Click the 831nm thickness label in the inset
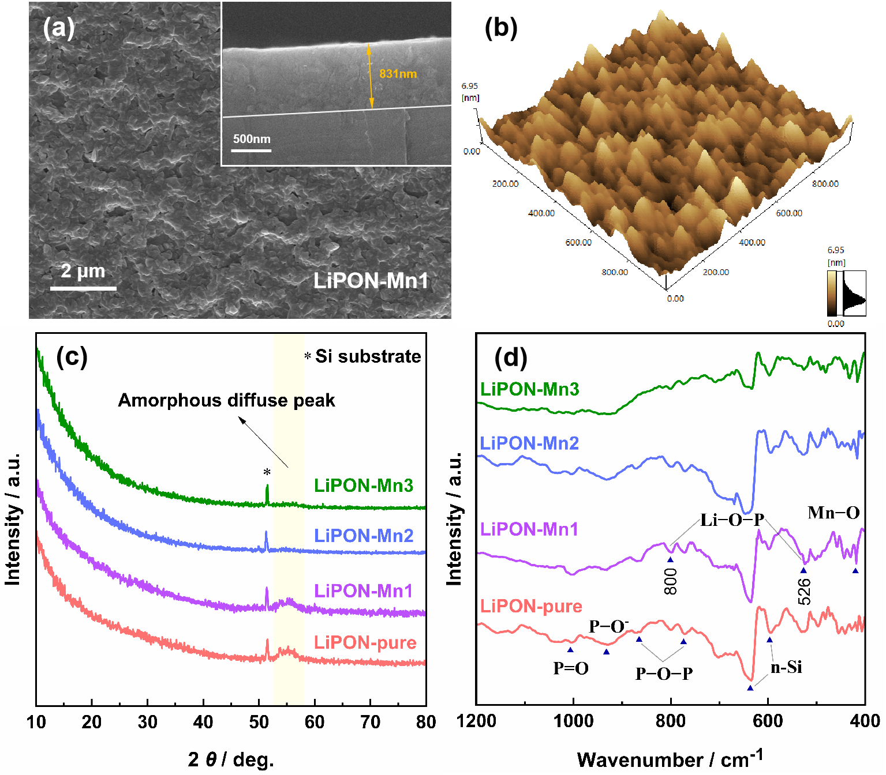tap(398, 74)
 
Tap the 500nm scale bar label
tap(252, 139)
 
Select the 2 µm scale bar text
tap(83, 270)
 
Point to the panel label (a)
tap(58, 28)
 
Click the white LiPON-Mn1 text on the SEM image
tap(371, 281)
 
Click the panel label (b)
tap(500, 28)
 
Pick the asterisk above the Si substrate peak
tap(267, 473)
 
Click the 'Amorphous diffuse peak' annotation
tap(226, 400)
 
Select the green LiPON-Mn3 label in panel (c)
tap(364, 486)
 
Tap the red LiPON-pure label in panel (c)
tap(365, 642)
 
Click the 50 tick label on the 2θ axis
tap(259, 722)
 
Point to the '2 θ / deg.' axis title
tap(231, 759)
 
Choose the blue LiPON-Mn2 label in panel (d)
tap(529, 443)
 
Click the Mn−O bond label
tap(833, 512)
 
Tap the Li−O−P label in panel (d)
tap(732, 520)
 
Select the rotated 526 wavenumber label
tap(804, 591)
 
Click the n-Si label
tap(786, 667)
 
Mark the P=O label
tap(570, 668)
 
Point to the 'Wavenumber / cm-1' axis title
tap(670, 758)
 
